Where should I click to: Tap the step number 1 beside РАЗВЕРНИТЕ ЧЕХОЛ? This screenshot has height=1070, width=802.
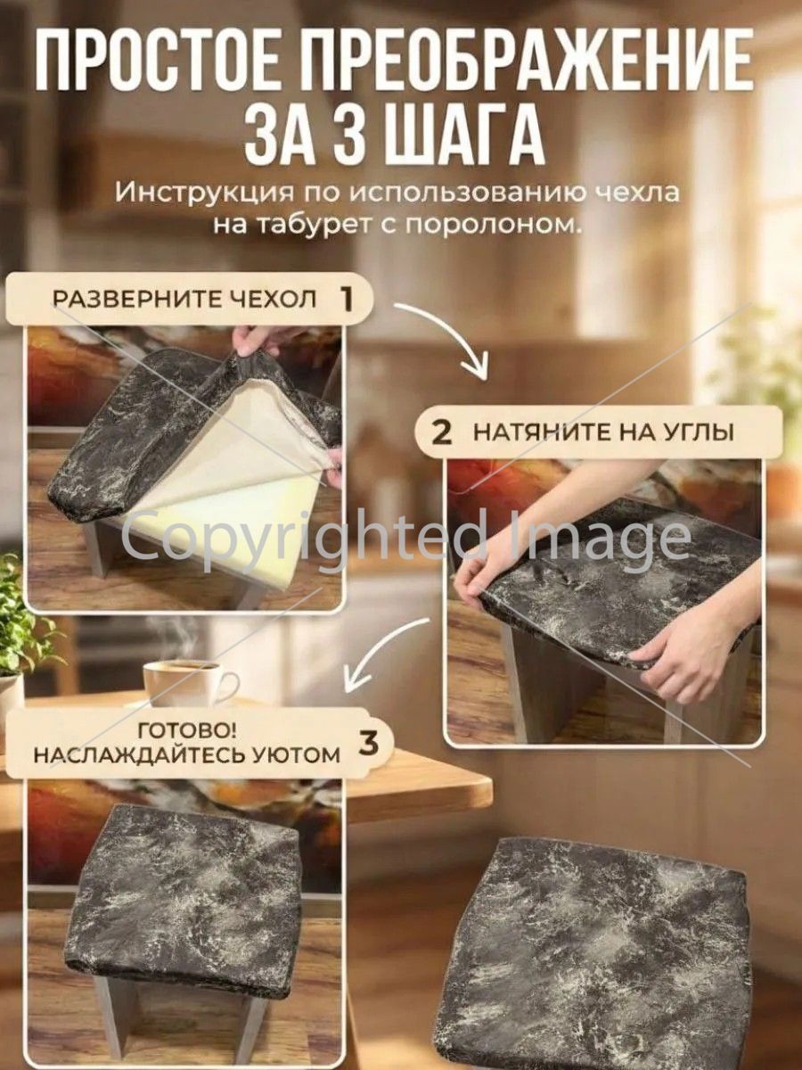coord(347,299)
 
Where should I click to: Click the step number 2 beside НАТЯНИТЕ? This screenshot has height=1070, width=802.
coord(441,432)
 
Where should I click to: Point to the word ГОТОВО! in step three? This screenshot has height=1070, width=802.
coord(187,730)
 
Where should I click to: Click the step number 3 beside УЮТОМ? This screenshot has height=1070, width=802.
coord(369,744)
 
